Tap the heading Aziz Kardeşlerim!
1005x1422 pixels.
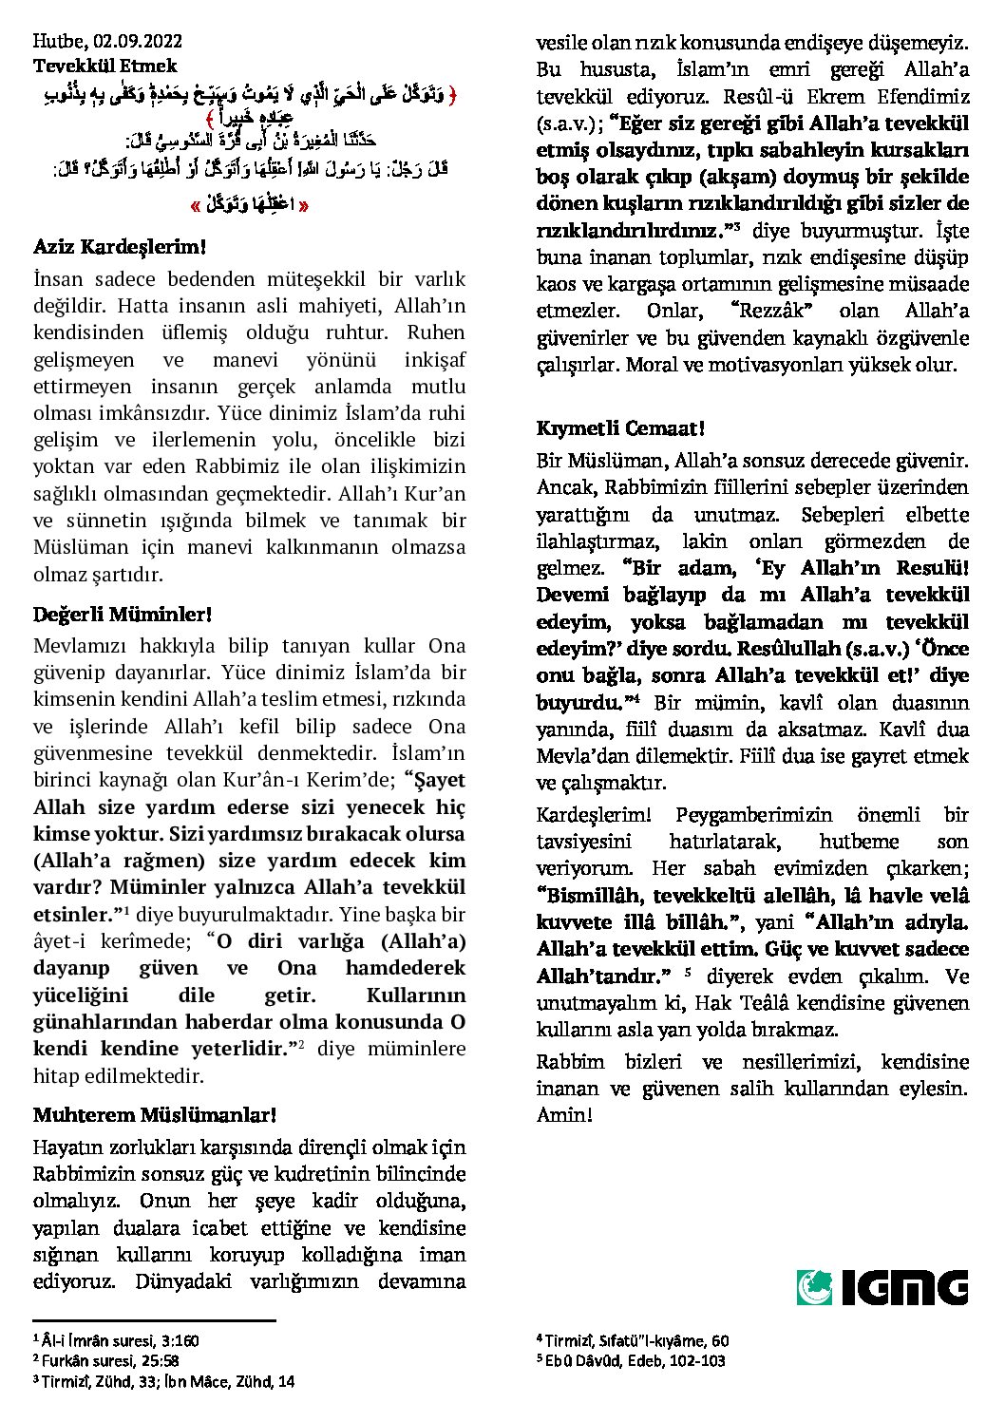click(119, 247)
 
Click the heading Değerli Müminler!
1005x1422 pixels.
click(122, 615)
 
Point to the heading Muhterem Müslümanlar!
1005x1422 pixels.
click(154, 1114)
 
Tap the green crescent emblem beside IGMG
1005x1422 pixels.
click(814, 1287)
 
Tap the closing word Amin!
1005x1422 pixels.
click(564, 1114)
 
